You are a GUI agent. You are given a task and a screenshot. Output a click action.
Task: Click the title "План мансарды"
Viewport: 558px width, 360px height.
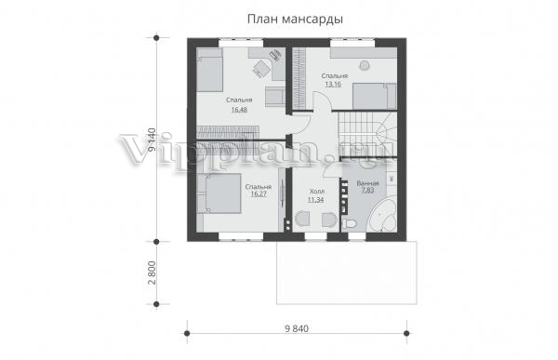click(295, 20)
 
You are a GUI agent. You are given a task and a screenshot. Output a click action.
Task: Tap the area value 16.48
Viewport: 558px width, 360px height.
click(239, 110)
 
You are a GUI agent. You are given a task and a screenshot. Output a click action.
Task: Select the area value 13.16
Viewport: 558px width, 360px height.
click(333, 85)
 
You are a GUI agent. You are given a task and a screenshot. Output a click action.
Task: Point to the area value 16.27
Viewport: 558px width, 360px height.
click(259, 194)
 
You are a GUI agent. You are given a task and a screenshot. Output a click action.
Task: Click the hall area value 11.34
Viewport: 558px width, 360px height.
click(316, 200)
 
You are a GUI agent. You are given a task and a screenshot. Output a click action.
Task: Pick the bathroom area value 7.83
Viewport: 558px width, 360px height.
click(368, 190)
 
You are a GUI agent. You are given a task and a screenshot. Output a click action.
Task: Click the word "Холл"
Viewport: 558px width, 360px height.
click(317, 192)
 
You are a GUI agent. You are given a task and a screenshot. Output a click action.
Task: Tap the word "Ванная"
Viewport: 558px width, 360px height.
click(367, 183)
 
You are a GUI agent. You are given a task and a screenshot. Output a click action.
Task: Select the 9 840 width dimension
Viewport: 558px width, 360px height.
click(297, 328)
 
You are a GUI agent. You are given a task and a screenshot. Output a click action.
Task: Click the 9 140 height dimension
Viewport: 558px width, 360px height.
click(152, 140)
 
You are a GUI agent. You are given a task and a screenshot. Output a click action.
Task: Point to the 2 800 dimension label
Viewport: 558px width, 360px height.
click(152, 273)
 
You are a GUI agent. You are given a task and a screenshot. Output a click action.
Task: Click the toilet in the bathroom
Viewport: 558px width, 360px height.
click(349, 224)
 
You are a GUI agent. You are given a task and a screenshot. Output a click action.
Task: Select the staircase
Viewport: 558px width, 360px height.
click(367, 134)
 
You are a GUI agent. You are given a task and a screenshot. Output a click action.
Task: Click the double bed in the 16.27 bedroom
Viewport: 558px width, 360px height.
click(219, 193)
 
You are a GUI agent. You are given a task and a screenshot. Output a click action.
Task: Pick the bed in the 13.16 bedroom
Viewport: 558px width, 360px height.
click(375, 96)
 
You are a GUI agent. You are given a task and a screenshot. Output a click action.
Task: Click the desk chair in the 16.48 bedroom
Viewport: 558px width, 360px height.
click(261, 68)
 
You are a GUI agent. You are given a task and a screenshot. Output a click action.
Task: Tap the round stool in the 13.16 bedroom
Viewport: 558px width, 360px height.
click(365, 65)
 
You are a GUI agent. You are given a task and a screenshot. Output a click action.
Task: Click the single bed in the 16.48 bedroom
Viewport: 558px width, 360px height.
click(210, 70)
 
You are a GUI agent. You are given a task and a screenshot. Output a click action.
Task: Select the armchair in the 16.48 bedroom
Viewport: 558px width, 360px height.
click(275, 96)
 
